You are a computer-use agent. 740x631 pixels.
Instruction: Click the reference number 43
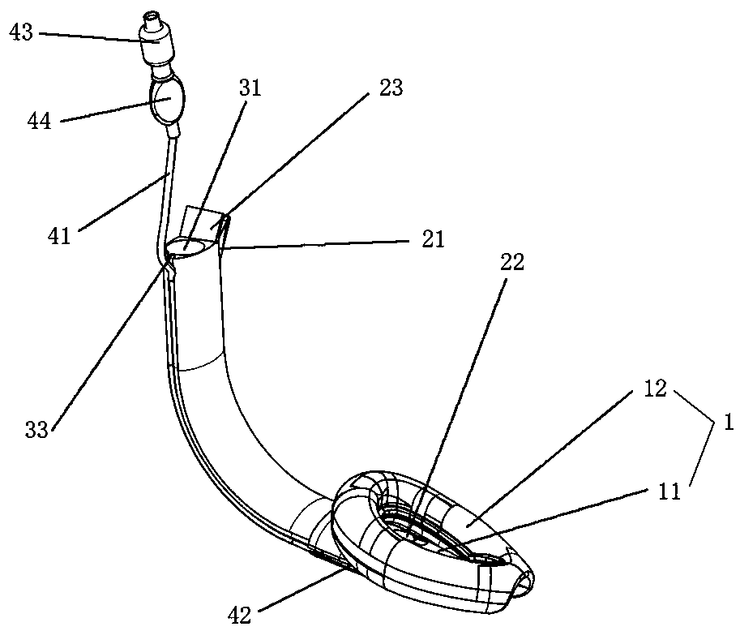22,32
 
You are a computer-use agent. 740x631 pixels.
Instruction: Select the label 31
250,88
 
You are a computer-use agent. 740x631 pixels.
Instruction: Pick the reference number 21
430,240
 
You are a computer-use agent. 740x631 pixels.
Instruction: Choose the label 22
511,262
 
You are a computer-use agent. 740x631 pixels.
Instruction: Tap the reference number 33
37,429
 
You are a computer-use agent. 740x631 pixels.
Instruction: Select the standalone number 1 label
727,421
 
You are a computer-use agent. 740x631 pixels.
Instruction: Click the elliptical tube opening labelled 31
193,244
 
